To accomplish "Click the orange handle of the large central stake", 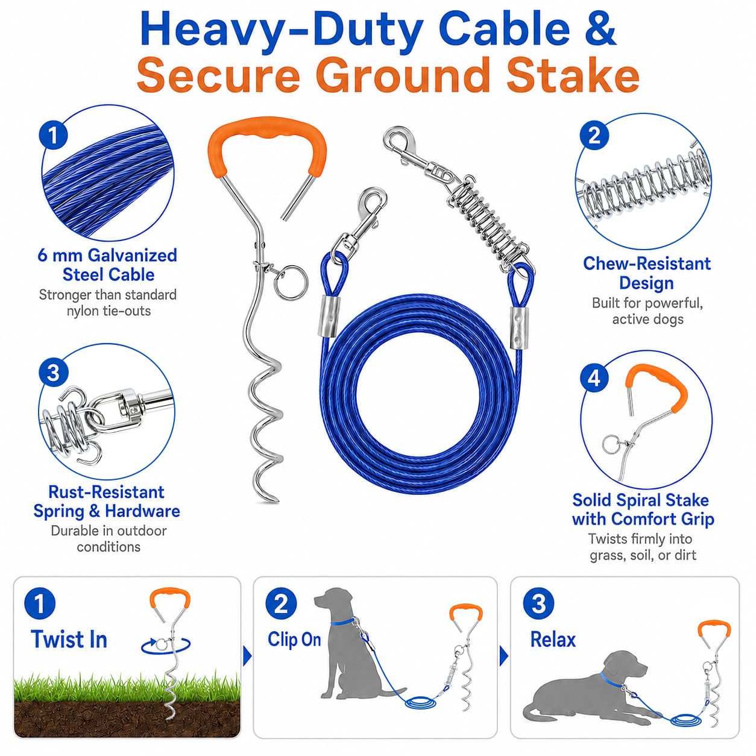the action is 267,144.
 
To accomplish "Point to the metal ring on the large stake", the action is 291,282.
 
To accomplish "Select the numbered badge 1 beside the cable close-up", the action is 54,136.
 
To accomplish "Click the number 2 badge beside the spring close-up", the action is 594,136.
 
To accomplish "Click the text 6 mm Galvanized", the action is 107,256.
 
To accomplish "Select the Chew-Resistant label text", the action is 646,263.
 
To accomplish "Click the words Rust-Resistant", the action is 106,492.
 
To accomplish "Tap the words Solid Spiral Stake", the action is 640,500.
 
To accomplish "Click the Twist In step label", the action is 69,640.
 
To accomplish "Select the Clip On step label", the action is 294,640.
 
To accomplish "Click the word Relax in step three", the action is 553,640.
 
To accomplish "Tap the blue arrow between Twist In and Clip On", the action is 247,657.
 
